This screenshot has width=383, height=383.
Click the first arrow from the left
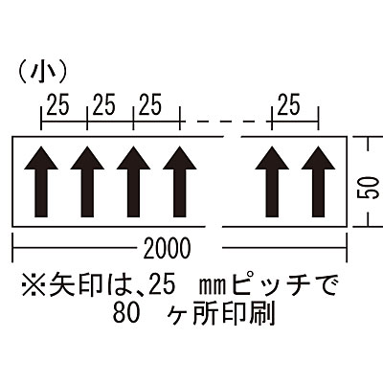(x=41, y=182)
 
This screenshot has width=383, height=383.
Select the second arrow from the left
(x=87, y=182)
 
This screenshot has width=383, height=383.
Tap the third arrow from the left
(x=133, y=182)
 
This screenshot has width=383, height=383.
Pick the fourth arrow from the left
(x=180, y=182)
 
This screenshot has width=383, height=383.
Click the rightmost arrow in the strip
(x=318, y=182)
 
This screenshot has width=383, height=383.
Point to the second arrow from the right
(x=272, y=182)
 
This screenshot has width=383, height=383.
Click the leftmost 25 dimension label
(x=58, y=104)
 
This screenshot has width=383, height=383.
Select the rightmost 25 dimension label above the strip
(x=289, y=104)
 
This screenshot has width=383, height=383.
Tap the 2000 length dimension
(x=167, y=248)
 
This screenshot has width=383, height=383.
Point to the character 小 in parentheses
(x=42, y=71)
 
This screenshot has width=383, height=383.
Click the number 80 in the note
(x=126, y=314)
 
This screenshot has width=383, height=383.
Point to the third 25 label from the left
(x=150, y=104)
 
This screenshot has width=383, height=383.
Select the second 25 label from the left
(x=104, y=104)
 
